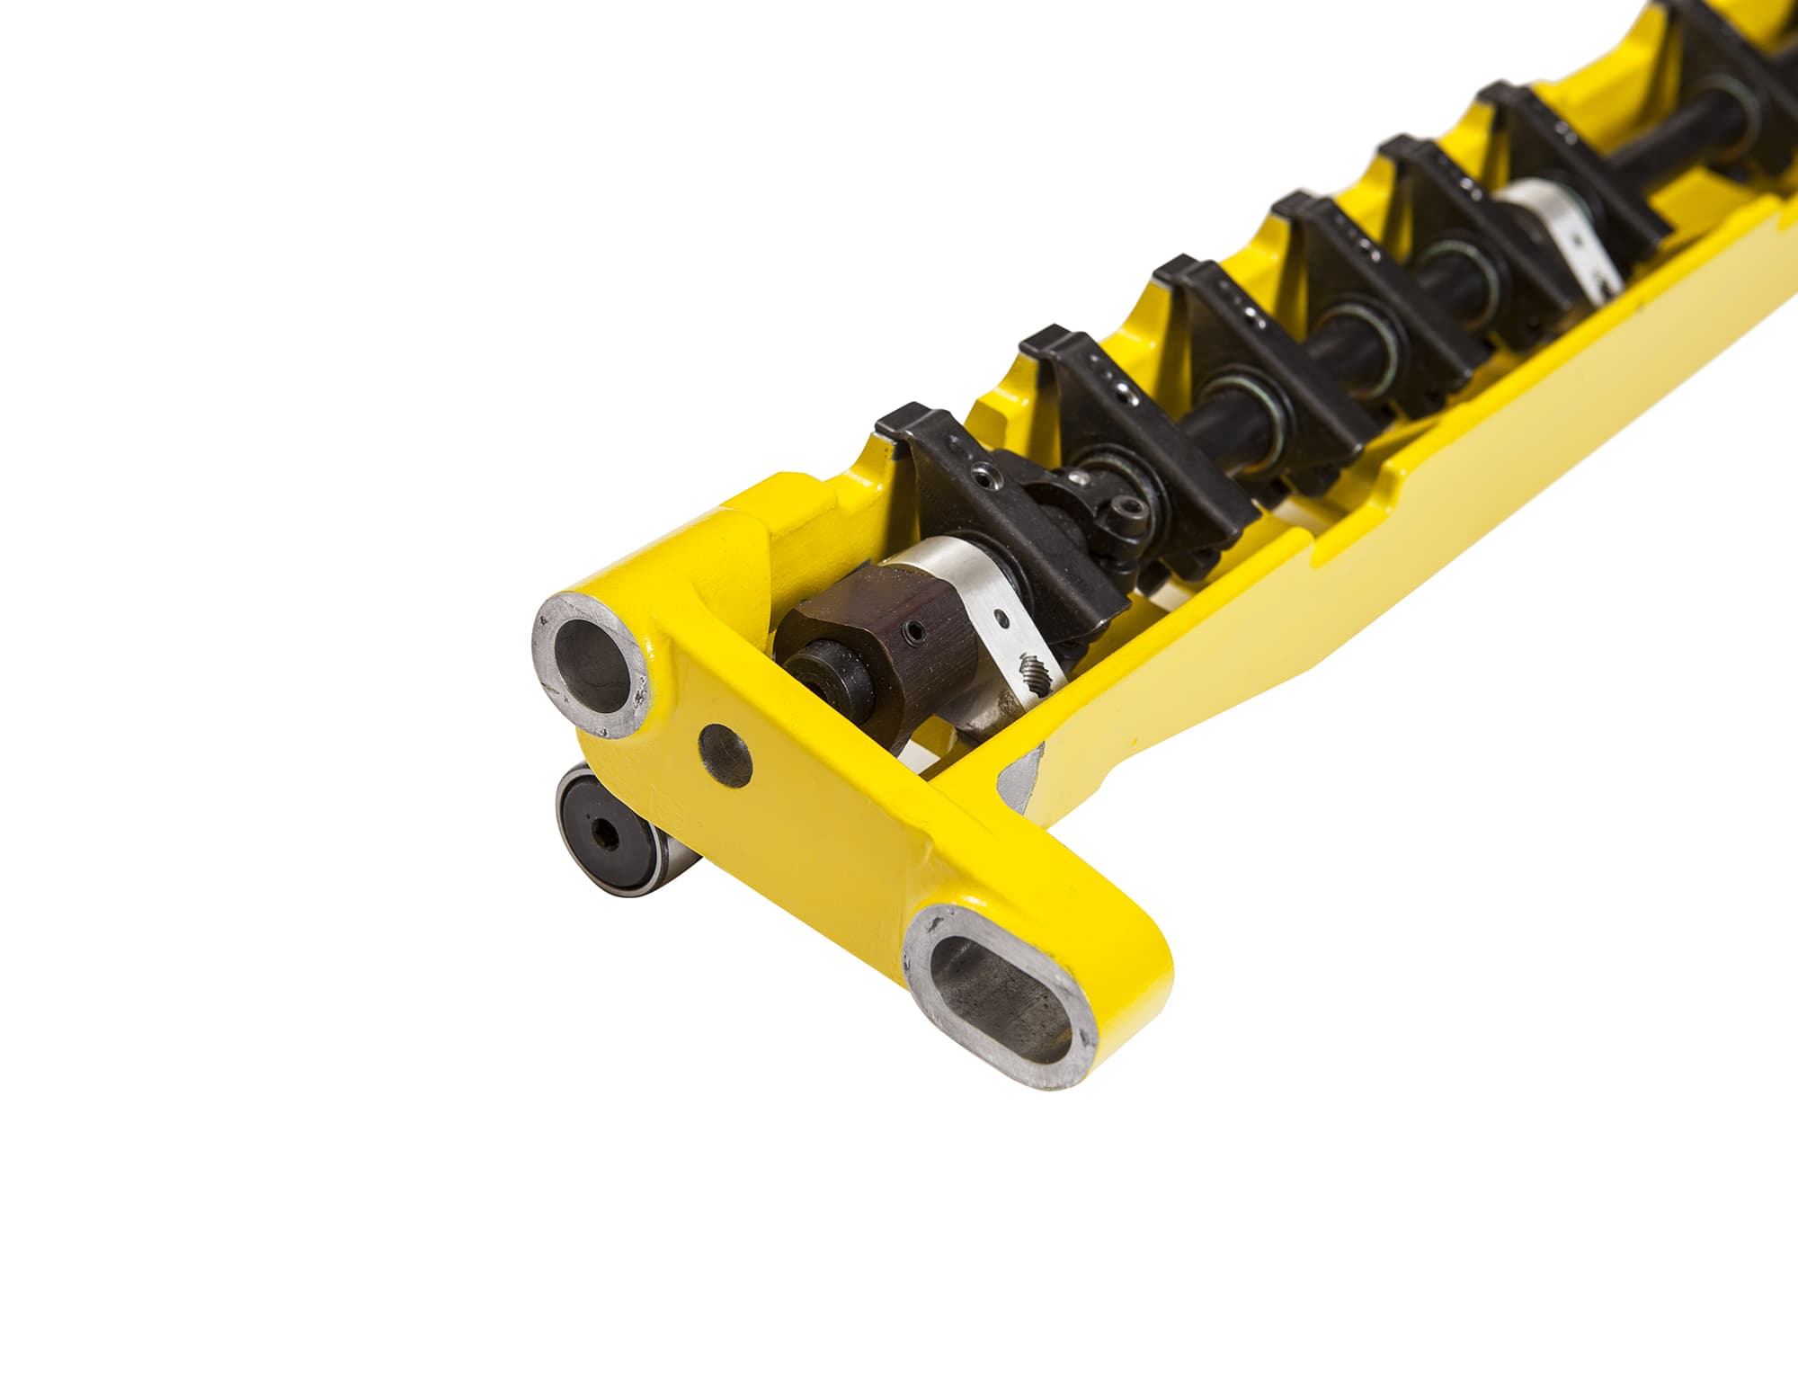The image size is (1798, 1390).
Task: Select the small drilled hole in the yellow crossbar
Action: [x=727, y=753]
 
